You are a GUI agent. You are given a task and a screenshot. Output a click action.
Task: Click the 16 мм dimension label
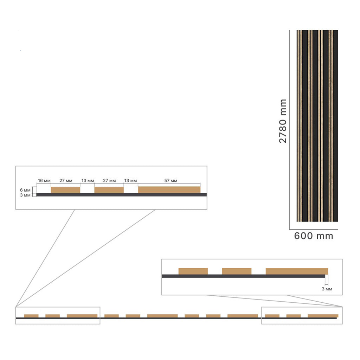coord(44,181)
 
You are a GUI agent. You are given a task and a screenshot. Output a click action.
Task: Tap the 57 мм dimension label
coord(171,181)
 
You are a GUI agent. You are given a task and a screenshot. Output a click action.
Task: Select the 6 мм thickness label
coord(25,190)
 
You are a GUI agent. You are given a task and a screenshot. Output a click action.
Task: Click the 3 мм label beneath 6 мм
coord(25,195)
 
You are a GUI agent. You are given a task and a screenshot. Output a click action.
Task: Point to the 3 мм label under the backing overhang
coord(327,289)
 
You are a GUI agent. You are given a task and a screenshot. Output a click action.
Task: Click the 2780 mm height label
coord(283,121)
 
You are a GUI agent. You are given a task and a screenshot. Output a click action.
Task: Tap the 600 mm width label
coord(313,236)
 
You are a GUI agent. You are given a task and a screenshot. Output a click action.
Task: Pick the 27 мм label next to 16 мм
coord(66,181)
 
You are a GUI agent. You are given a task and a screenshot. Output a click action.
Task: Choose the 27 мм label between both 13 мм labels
coord(109,181)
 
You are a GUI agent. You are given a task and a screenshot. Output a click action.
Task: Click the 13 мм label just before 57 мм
coord(130,181)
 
